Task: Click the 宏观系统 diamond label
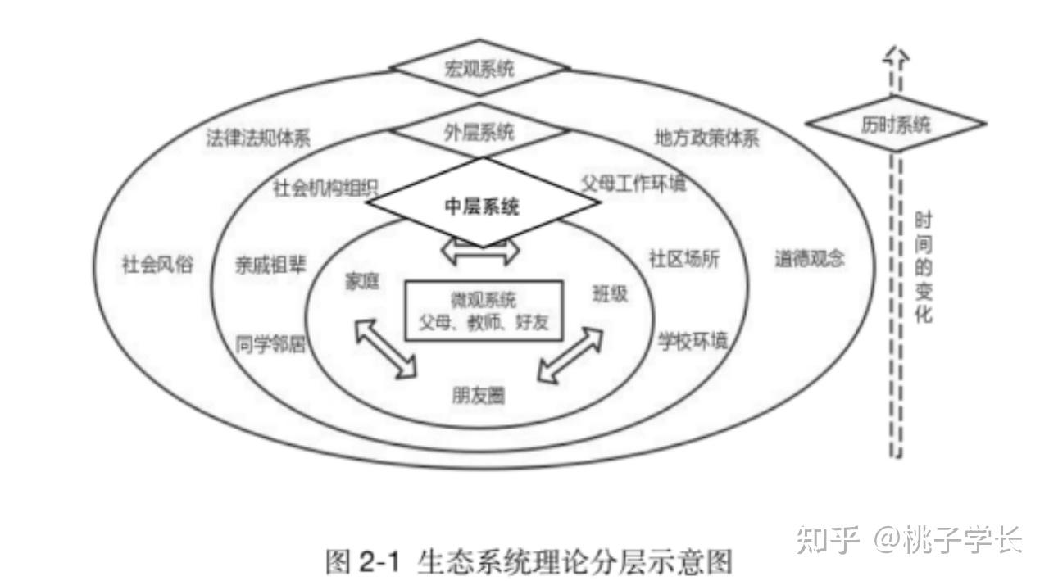[x=479, y=68]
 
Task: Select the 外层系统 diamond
[x=479, y=132]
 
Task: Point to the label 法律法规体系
[x=258, y=138]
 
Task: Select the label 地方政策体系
[x=706, y=138]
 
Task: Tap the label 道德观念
[x=809, y=260]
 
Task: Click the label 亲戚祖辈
[x=270, y=264]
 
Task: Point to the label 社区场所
[x=684, y=259]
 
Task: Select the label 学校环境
[x=693, y=341]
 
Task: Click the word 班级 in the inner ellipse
[x=610, y=293]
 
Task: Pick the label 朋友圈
[x=478, y=396]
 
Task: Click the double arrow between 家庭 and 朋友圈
[x=385, y=349]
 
